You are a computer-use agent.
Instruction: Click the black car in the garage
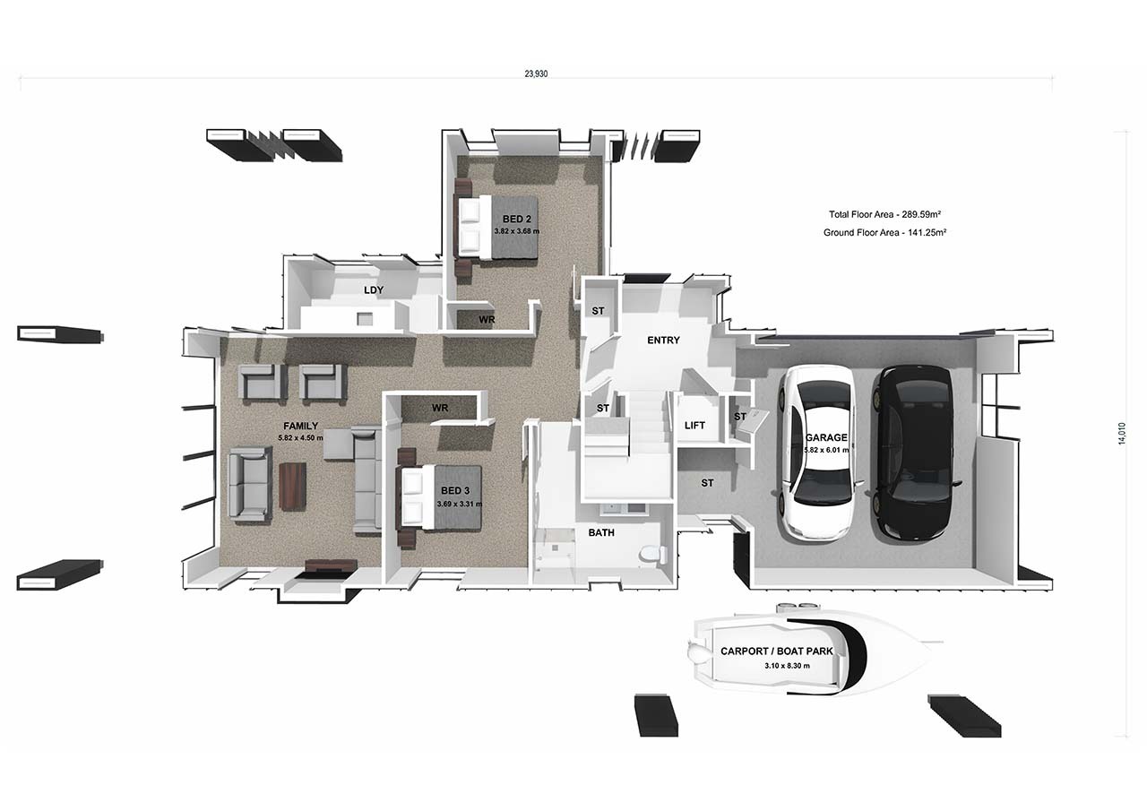914,453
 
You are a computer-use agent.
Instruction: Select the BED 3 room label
454,491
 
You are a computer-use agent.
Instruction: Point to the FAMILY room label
300,427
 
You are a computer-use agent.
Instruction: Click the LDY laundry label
374,290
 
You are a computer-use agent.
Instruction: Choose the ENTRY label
663,341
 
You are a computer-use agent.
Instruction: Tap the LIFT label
695,426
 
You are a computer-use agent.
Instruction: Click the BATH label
600,532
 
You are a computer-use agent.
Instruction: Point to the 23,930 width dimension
536,74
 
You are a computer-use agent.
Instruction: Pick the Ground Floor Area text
884,233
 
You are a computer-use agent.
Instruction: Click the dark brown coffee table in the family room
292,486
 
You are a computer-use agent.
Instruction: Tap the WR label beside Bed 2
487,320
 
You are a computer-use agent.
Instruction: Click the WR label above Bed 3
439,408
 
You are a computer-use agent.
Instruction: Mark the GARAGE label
831,438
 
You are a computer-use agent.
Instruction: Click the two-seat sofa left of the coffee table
250,484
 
